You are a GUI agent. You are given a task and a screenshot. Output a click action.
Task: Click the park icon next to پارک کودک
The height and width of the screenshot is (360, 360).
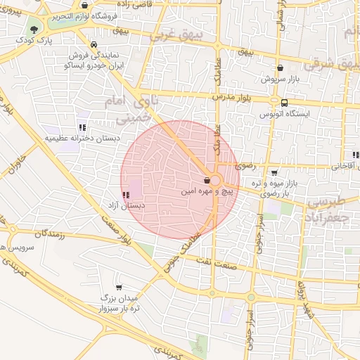click(34, 29)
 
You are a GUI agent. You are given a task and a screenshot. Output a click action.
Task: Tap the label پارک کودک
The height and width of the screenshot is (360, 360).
click(36, 41)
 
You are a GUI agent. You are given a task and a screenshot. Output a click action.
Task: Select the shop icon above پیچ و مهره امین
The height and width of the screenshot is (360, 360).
click(206, 179)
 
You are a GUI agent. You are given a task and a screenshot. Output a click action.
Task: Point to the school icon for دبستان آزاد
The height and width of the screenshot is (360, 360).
click(125, 195)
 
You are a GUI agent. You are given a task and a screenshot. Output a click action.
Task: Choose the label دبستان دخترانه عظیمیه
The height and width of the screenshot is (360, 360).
click(83, 139)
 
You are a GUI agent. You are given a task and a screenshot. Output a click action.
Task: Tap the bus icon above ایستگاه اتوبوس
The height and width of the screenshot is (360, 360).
click(283, 101)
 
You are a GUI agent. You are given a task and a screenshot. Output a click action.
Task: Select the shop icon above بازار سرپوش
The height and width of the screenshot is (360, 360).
click(281, 68)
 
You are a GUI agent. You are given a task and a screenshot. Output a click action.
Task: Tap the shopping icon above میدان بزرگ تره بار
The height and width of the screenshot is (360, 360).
click(117, 287)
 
